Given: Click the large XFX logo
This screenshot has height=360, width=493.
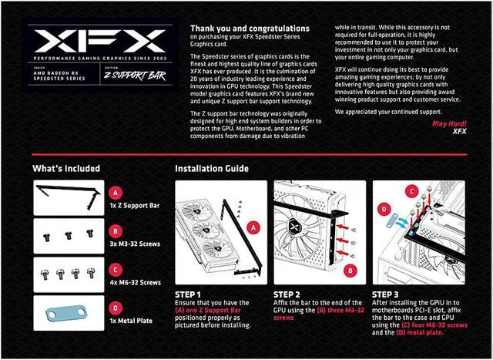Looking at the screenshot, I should tap(99, 41).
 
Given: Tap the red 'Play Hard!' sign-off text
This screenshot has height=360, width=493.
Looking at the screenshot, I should tap(448, 123).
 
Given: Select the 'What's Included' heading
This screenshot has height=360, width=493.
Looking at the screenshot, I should tap(66, 168).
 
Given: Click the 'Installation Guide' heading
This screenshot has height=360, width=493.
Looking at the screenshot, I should tap(211, 168).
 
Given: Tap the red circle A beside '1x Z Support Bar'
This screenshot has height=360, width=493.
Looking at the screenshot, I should tap(116, 193).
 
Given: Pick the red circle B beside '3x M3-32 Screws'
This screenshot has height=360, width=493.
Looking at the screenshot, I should tap(116, 230).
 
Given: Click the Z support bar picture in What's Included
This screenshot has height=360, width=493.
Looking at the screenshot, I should tap(68, 197).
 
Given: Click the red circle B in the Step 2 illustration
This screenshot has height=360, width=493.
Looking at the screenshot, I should tap(350, 271).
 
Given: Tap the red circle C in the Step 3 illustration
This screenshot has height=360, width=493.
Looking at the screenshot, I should tap(412, 190).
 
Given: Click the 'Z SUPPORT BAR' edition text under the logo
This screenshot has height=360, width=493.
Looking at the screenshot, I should tap(136, 77).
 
